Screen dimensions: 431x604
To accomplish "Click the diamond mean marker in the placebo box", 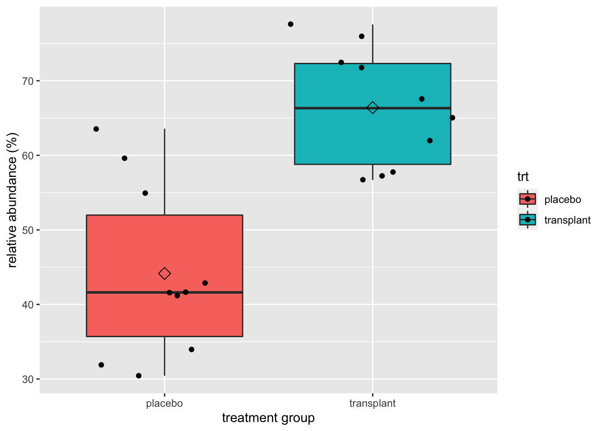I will pos(164,273).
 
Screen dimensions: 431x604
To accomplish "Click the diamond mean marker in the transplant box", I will pos(373,108).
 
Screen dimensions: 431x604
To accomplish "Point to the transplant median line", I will pos(324,108).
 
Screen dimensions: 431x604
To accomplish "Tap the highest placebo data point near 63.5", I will pos(96,129).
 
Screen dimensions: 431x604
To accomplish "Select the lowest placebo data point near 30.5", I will pos(139,376).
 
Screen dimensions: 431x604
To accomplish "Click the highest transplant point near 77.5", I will pos(291,24).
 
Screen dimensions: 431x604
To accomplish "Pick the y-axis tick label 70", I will pos(28,81).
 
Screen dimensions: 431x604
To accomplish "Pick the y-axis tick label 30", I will pos(28,379).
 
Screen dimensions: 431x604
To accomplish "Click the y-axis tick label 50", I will pos(28,230).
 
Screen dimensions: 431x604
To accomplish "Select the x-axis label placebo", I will pos(164,404).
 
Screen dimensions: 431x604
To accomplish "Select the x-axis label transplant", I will pos(373,404).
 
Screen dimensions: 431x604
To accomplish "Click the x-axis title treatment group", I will pos(268,418).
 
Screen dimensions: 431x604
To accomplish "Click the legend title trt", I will pos(523,177).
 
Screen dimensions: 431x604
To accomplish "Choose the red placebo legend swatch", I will pos(528,199).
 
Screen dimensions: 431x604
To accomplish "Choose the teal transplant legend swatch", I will pos(528,220).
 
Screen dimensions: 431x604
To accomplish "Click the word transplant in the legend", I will pos(567,220).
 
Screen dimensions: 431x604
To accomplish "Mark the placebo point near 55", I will pos(145,193).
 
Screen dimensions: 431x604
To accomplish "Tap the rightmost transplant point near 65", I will pos(453,118).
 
